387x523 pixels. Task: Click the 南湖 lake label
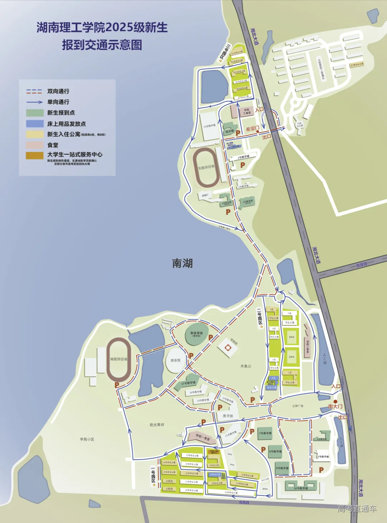point(182,263)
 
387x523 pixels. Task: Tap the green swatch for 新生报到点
point(35,113)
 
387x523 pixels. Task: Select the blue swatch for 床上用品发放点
point(35,124)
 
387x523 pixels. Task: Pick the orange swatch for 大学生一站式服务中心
point(35,155)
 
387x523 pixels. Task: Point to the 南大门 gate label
point(335,407)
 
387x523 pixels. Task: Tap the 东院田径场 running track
point(206,167)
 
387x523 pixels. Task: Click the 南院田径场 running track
point(119,359)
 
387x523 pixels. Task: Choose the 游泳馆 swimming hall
point(175,360)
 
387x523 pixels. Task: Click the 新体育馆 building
point(196,335)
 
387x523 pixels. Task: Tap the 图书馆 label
point(228,416)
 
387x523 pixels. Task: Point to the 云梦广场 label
point(297,406)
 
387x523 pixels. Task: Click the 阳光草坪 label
point(157,425)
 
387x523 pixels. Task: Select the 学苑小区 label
point(87,439)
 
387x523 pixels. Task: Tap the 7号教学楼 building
point(265,434)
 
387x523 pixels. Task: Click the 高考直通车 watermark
point(357,509)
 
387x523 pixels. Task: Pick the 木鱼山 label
point(245,366)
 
